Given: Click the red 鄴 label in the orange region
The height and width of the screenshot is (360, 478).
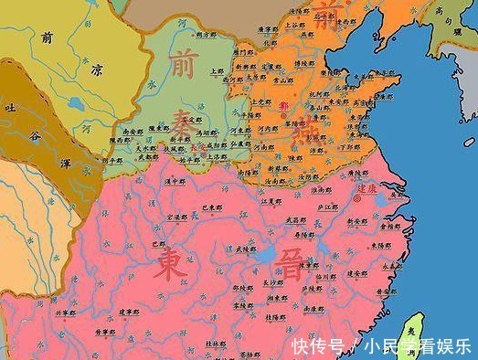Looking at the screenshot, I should [x=281, y=107].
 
